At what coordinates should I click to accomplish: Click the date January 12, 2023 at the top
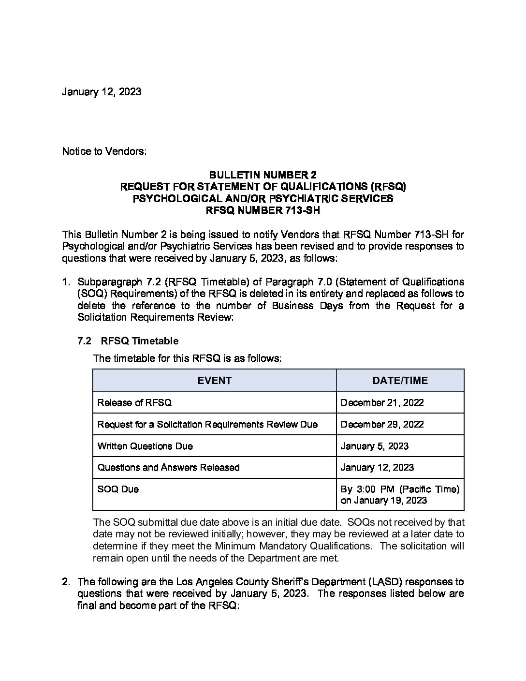coord(102,92)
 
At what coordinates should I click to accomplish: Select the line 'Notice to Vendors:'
coord(104,151)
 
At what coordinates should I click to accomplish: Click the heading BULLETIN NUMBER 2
coord(263,175)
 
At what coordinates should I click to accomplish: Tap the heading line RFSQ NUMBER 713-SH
coord(263,210)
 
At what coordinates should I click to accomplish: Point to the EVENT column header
coord(214,381)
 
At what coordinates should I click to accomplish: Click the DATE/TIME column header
coord(400,381)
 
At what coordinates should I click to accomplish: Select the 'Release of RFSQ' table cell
coord(134,402)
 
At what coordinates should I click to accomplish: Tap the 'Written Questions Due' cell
coord(145,446)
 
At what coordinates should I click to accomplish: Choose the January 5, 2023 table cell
coord(374,446)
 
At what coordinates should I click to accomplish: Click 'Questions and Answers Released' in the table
coord(168,467)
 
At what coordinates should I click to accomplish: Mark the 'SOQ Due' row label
coord(118,489)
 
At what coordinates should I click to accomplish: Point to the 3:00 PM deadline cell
coord(400,494)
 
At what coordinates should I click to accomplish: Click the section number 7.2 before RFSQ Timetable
coord(84,341)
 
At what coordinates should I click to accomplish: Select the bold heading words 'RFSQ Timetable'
coord(139,341)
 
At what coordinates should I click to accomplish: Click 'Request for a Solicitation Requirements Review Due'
coord(207,424)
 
